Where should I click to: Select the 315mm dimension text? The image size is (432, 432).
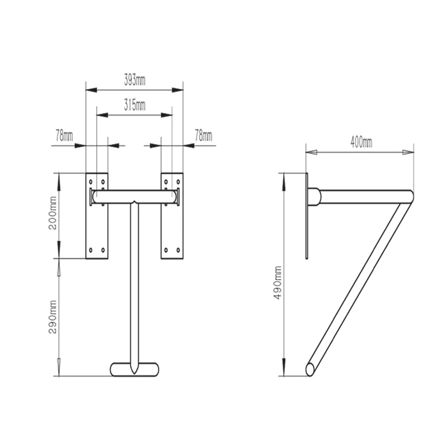click(x=134, y=105)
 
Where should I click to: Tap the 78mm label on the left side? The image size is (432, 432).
click(x=64, y=136)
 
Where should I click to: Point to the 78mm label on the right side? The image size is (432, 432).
click(x=203, y=136)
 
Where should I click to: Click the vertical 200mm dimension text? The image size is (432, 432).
click(x=54, y=215)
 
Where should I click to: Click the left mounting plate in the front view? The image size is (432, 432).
click(x=96, y=230)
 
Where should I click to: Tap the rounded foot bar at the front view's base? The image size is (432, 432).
click(x=134, y=369)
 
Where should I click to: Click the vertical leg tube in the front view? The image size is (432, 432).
click(x=134, y=288)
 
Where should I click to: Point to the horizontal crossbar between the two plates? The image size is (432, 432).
click(x=134, y=196)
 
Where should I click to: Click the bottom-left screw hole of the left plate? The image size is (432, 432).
click(x=90, y=250)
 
